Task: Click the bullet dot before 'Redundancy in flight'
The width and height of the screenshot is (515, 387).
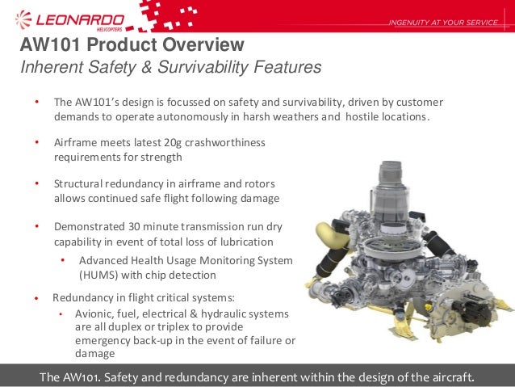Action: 36,298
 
